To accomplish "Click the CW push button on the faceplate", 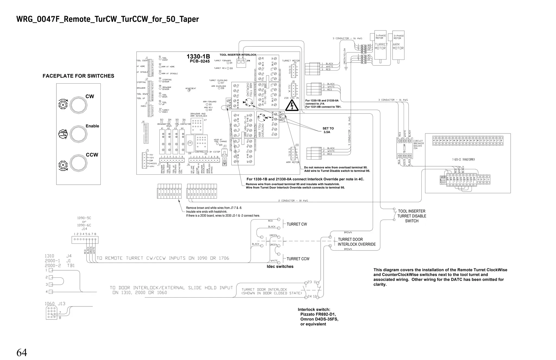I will pyautogui.click(x=78, y=105).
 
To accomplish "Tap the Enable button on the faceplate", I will pyautogui.click(x=78, y=134).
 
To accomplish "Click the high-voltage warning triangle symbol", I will pyautogui.click(x=292, y=106).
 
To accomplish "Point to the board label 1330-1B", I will pyautogui.click(x=198, y=57).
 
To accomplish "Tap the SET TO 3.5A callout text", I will pyautogui.click(x=328, y=130).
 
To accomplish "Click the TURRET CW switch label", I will pyautogui.click(x=297, y=224).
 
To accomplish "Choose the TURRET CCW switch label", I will pyautogui.click(x=298, y=259).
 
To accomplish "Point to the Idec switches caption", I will pyautogui.click(x=280, y=267).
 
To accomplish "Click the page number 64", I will pyautogui.click(x=22, y=353).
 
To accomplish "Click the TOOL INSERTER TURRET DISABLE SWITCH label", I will pyautogui.click(x=412, y=216).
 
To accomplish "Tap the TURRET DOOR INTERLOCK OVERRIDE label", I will pyautogui.click(x=356, y=242).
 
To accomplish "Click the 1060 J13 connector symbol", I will pyautogui.click(x=52, y=312).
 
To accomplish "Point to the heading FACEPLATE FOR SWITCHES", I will pyautogui.click(x=78, y=76).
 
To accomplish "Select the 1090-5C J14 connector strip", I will pyautogui.click(x=85, y=240).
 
